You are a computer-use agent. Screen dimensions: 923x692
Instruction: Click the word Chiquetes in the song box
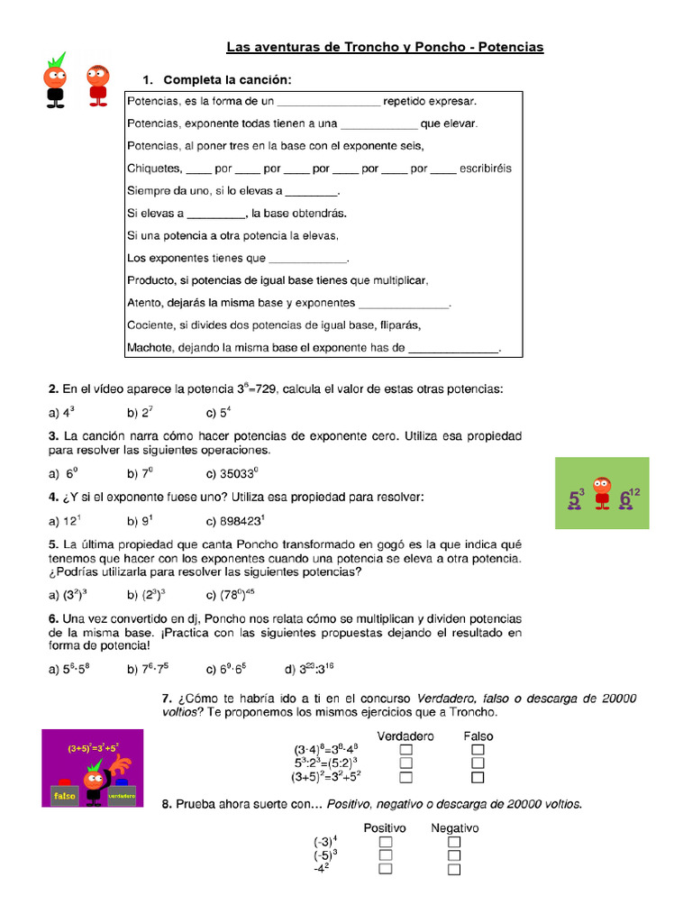click(x=154, y=169)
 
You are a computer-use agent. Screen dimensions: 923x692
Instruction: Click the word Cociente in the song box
click(x=151, y=324)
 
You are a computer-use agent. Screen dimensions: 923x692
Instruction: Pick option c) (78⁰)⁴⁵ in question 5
click(x=238, y=594)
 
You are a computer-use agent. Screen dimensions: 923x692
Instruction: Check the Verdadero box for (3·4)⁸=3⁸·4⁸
click(x=405, y=750)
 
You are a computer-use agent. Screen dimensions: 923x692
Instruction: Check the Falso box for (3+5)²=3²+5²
click(x=478, y=777)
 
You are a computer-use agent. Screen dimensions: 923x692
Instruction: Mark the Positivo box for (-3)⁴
click(x=386, y=842)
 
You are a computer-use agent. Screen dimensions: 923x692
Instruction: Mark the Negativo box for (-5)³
click(x=454, y=855)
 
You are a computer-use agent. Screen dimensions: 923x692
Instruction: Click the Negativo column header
click(x=454, y=827)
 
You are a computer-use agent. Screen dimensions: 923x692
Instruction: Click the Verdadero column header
click(x=405, y=736)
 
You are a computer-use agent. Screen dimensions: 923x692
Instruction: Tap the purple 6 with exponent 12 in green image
click(x=627, y=498)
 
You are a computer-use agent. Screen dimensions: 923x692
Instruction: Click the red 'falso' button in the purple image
click(x=64, y=796)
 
